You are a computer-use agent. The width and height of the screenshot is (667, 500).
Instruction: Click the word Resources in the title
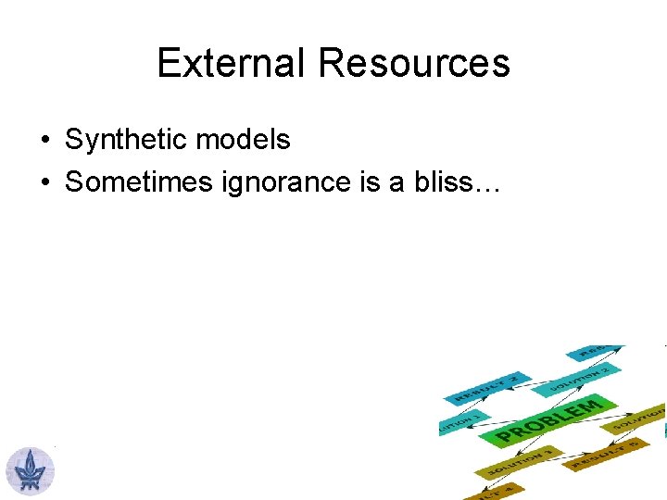point(413,63)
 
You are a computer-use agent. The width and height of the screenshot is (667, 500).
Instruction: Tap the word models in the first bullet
point(245,140)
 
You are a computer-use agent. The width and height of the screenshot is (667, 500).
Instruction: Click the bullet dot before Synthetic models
point(44,141)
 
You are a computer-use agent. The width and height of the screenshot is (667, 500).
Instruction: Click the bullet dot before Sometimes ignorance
point(44,183)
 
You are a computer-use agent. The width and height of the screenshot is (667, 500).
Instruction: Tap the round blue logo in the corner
point(31,469)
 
